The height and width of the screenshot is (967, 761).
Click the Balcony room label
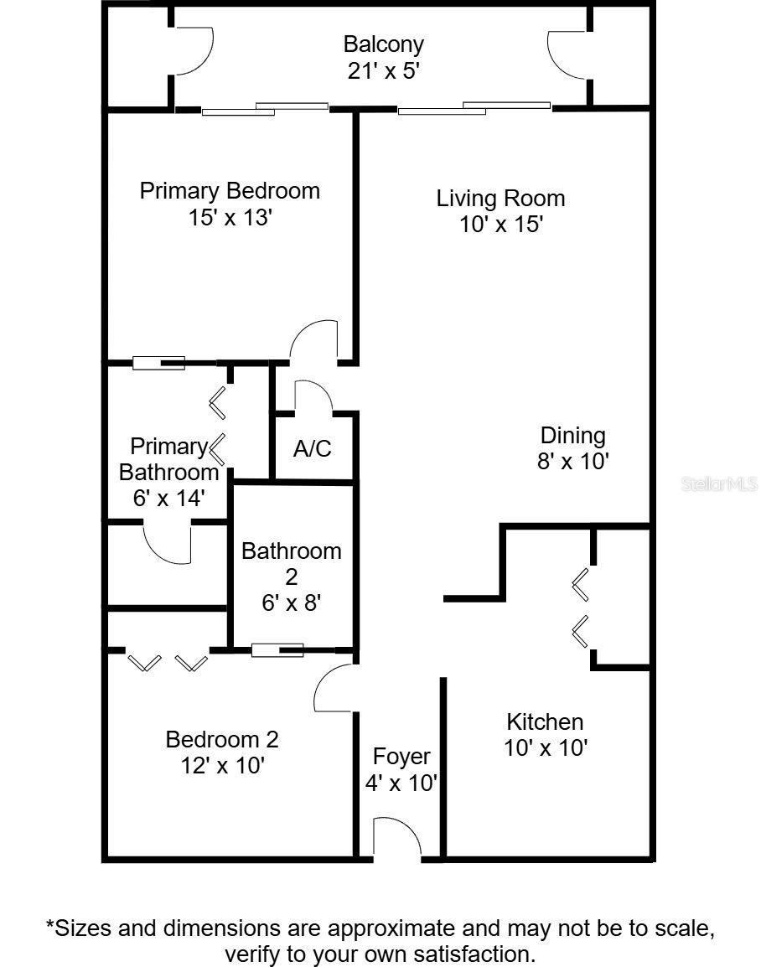point(384,44)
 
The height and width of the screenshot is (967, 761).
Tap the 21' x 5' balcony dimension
point(384,71)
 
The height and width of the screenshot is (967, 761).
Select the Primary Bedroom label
point(230,191)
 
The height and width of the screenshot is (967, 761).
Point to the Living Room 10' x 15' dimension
point(500,224)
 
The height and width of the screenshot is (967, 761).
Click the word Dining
point(573,436)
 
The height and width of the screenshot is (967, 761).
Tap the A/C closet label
point(313,448)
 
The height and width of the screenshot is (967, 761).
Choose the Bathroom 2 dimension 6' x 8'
point(291,602)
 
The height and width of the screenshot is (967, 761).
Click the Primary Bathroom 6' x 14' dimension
point(169,498)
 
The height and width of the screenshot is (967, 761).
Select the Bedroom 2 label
point(222,739)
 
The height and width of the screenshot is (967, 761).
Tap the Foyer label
point(401,757)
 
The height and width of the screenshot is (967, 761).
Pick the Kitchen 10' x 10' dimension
point(546,748)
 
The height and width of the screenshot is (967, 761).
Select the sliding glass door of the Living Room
point(474,109)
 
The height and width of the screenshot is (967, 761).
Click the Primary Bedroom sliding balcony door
point(265,109)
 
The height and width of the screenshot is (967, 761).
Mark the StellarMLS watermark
point(719,484)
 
